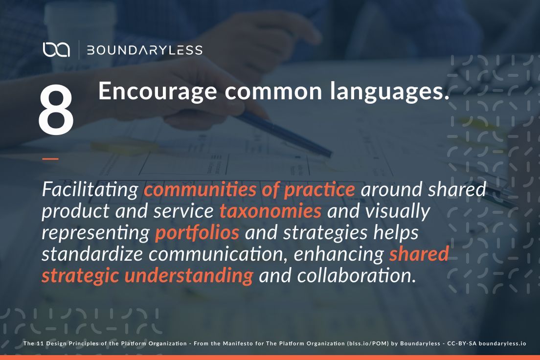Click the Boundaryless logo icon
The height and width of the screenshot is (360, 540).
pyautogui.click(x=56, y=49)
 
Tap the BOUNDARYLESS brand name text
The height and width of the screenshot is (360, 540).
pyautogui.click(x=144, y=50)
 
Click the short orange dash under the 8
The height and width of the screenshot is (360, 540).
pyautogui.click(x=50, y=158)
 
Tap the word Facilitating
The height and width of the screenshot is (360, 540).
pyautogui.click(x=90, y=190)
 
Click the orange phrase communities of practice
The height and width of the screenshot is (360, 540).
pyautogui.click(x=249, y=190)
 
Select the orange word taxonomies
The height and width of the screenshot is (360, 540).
pyautogui.click(x=270, y=211)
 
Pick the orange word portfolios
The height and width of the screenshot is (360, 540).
pyautogui.click(x=197, y=233)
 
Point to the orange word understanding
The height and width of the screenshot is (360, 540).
pyautogui.click(x=188, y=276)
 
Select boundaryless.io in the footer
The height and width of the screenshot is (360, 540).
pyautogui.click(x=502, y=343)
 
